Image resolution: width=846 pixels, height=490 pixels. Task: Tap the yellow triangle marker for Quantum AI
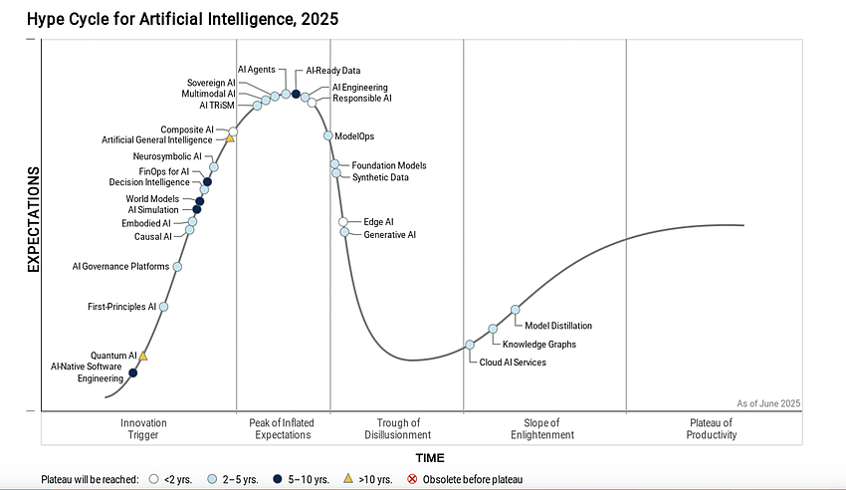(x=143, y=356)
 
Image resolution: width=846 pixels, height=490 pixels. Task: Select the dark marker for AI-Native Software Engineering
(x=133, y=373)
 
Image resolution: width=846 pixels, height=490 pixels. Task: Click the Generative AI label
(x=389, y=235)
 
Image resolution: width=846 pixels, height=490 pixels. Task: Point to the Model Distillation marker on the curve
(x=515, y=310)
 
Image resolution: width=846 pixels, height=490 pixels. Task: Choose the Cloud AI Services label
(x=512, y=363)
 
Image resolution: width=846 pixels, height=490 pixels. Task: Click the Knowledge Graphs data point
(x=493, y=329)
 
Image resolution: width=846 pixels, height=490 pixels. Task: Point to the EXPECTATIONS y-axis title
(x=32, y=219)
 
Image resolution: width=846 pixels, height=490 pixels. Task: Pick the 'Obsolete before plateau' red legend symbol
(x=412, y=480)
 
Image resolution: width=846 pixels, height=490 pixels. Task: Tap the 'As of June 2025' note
(x=768, y=403)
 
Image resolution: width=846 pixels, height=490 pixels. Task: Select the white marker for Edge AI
(x=343, y=222)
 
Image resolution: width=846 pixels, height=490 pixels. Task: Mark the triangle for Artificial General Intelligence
(x=230, y=138)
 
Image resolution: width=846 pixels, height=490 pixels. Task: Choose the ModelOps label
(x=354, y=136)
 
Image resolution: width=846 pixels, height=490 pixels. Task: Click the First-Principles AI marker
(x=164, y=307)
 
